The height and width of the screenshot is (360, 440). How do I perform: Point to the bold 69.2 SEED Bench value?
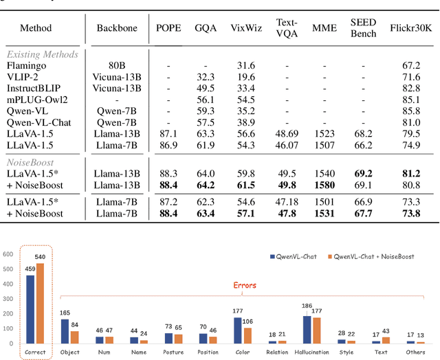pyautogui.click(x=362, y=172)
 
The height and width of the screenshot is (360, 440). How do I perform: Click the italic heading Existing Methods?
pyautogui.click(x=43, y=54)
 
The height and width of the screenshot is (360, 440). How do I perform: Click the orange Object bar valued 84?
pyautogui.click(x=74, y=337)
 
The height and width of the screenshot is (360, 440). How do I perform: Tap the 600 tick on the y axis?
pyautogui.click(x=8, y=254)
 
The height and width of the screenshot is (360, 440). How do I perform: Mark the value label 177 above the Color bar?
pyautogui.click(x=238, y=311)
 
